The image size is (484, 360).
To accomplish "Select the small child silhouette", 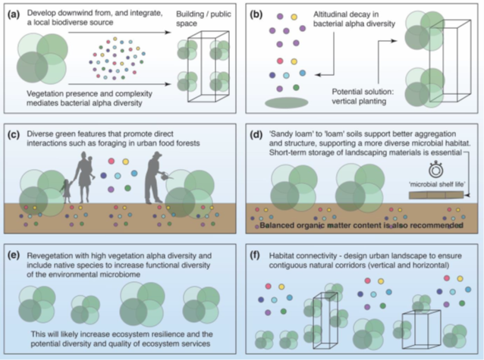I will [65, 190].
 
